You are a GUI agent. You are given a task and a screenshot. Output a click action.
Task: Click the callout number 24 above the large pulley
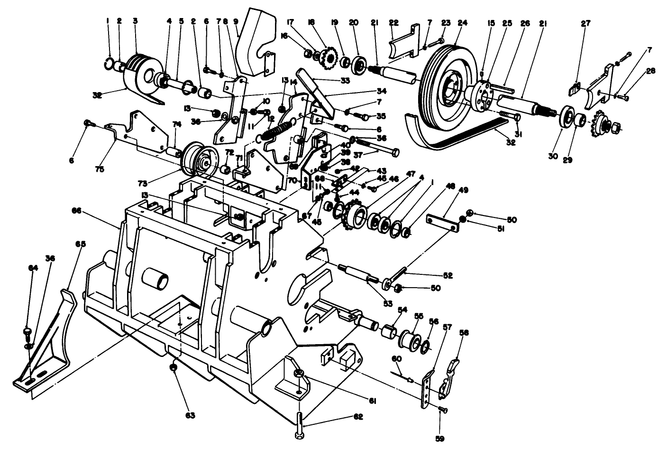click(x=462, y=22)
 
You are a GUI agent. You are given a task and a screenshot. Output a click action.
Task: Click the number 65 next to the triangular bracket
click(x=81, y=244)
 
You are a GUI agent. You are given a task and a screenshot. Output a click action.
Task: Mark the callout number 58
click(x=464, y=334)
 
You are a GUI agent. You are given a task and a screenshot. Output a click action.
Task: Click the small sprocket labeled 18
click(x=327, y=59)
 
